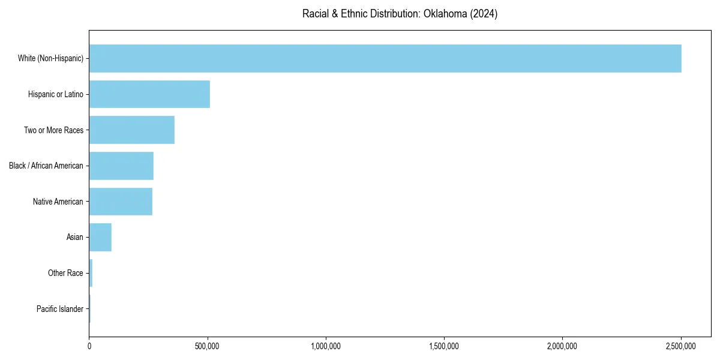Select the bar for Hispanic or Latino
click(x=149, y=94)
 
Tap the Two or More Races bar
click(x=132, y=130)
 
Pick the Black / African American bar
click(x=121, y=166)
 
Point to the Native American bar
click(x=121, y=202)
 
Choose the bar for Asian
click(x=100, y=237)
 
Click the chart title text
click(x=400, y=14)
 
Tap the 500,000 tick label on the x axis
click(x=208, y=346)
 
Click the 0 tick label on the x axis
click(x=89, y=346)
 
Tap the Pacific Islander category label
click(x=60, y=309)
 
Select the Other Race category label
click(x=65, y=273)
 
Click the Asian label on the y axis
click(x=75, y=237)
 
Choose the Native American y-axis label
click(x=58, y=202)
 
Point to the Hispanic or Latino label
click(x=56, y=94)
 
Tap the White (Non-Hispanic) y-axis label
click(x=50, y=58)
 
